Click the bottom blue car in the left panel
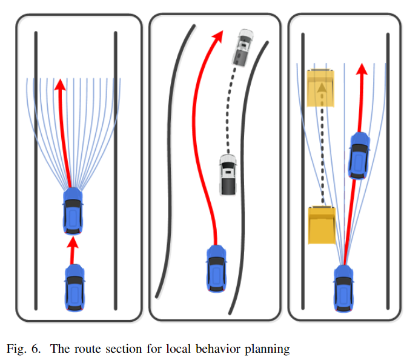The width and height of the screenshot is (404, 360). point(75,290)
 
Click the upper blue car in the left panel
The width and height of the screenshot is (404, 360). point(73,212)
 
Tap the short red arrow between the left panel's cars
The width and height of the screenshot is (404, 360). point(73,250)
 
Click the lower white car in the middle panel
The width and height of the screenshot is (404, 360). point(228,175)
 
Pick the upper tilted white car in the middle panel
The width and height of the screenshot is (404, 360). point(244,46)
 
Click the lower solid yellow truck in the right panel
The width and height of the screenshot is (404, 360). point(321,225)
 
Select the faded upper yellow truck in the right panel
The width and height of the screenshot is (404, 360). point(321,87)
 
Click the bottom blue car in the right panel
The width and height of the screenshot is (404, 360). point(343,290)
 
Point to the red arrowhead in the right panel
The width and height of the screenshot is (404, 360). point(362,68)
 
